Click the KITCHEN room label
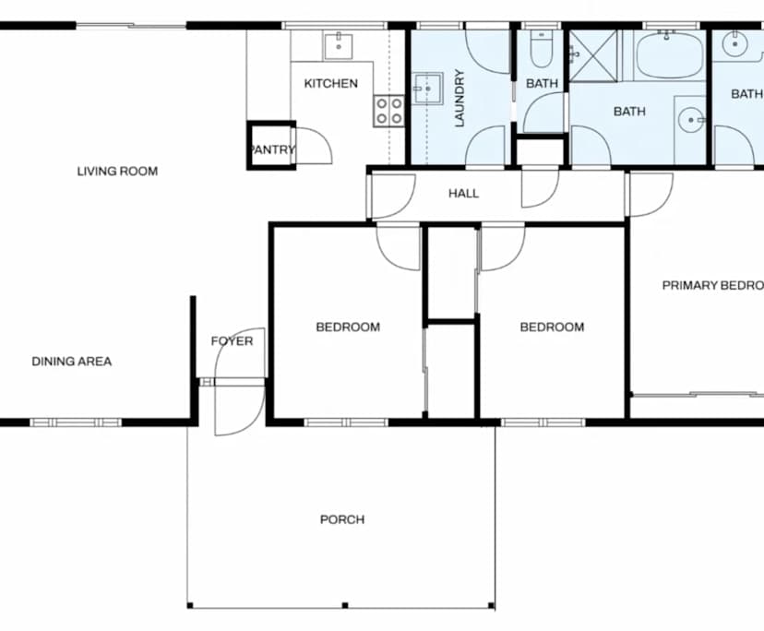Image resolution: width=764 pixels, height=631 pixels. coord(330,84)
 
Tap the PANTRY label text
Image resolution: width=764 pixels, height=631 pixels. coord(272,149)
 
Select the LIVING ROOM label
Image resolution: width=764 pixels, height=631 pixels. coord(117,171)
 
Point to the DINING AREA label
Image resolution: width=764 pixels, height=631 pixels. coord(71,362)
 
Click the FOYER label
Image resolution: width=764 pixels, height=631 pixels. coord(232,341)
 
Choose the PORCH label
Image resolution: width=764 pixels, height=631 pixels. coord(341,519)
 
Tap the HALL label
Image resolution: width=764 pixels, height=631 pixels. coord(463,194)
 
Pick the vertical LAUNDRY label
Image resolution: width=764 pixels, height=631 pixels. coord(458,97)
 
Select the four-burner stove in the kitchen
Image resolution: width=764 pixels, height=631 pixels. coord(388,111)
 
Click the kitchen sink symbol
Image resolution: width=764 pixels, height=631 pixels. coord(339,44)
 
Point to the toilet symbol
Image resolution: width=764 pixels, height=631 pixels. coord(542,49)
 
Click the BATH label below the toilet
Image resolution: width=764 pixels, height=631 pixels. coord(542,84)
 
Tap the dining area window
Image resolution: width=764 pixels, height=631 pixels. coord(76,423)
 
